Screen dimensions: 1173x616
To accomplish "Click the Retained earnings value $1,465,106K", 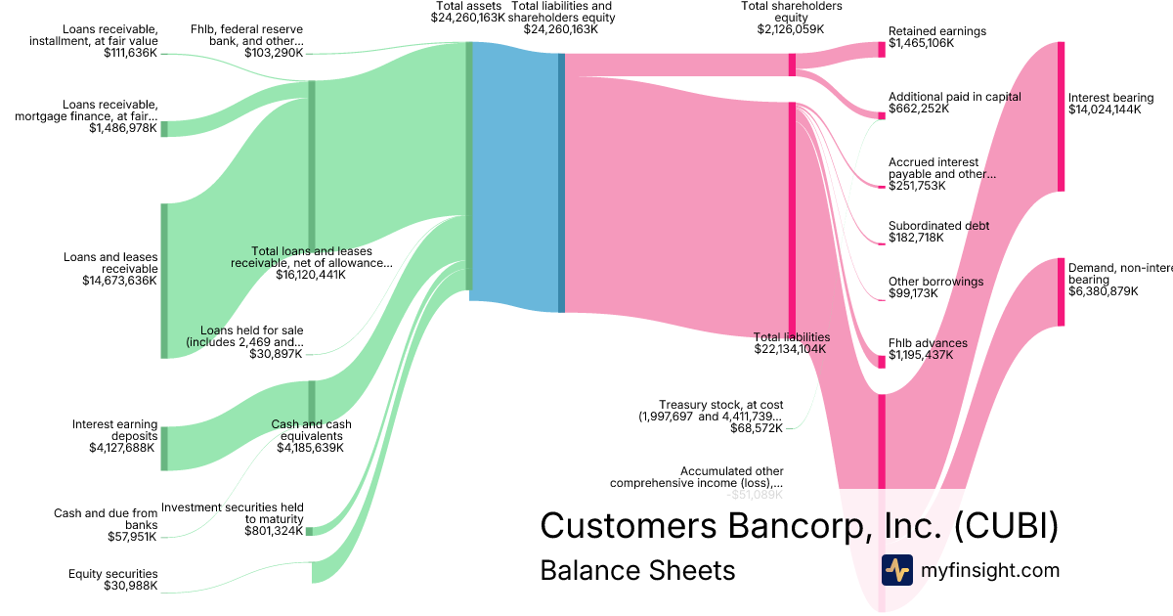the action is coord(921,44).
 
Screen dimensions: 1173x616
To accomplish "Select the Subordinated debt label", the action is coord(938,226).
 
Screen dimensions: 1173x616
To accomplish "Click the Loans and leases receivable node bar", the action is coord(164,281).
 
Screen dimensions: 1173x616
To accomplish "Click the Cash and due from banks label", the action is coord(106,519).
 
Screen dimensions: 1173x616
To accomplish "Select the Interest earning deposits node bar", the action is coord(164,449).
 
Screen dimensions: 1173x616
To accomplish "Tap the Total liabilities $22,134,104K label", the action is coord(791,342).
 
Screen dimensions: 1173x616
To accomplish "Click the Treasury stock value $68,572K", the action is coord(757,428).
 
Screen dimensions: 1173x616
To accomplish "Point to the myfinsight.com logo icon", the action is coord(896,570).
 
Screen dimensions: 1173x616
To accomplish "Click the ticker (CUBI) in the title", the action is coord(1006,525).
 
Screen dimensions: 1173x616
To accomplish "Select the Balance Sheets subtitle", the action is coord(637,570).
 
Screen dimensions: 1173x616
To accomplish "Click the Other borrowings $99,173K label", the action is coord(935,286).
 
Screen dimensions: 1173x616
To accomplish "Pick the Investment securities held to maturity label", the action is coord(233,512).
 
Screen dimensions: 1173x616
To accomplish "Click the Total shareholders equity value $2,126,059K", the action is coord(791,29).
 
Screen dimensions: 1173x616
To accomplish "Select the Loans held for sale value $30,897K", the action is coord(276,352).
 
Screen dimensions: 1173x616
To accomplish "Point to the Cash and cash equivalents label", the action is coord(311,430).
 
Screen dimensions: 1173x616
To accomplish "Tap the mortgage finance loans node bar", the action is coord(164,128).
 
